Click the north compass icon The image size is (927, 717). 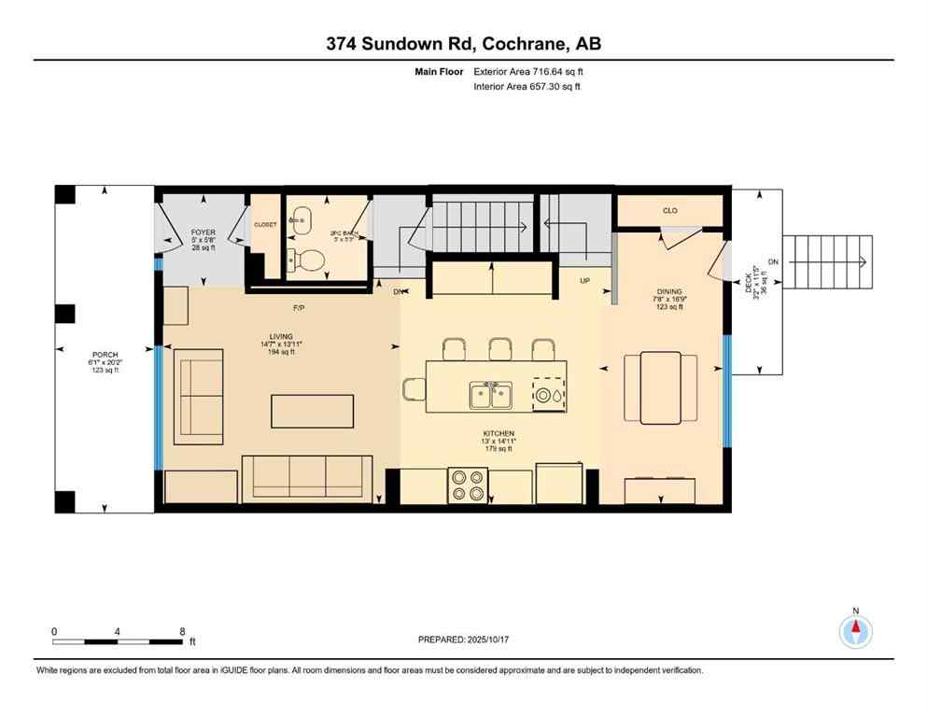click(x=855, y=631)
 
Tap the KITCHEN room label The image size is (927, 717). click(x=499, y=434)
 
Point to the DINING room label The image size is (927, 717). click(x=668, y=291)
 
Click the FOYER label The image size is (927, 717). click(x=203, y=232)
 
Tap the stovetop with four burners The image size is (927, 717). click(x=467, y=485)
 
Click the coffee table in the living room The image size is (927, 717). click(x=313, y=410)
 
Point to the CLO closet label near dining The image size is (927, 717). click(x=669, y=211)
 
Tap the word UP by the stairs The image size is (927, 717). click(x=584, y=280)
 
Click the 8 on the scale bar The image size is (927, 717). click(x=181, y=631)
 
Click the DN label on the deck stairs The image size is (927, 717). click(x=772, y=261)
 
